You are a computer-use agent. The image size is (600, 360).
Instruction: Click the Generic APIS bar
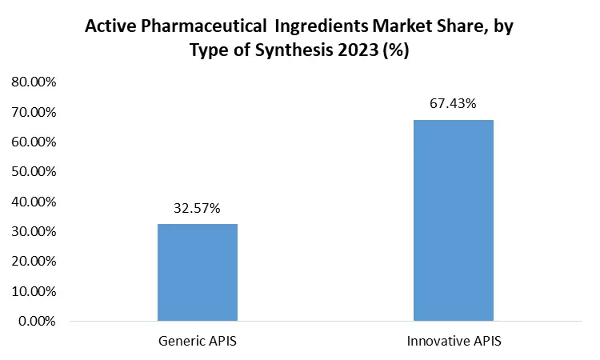tap(198, 272)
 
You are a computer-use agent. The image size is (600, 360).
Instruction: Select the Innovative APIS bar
tap(454, 220)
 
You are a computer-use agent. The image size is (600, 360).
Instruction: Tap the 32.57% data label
tap(198, 209)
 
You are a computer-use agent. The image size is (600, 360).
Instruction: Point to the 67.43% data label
tap(454, 103)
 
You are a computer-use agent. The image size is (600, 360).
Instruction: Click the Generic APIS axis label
tap(198, 342)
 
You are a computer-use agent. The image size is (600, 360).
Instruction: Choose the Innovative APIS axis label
tap(454, 342)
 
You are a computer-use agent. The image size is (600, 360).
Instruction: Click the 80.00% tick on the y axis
tap(34, 82)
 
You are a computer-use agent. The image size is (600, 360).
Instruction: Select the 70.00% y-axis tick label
tap(34, 112)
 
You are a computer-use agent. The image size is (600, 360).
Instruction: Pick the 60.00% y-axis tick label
tap(34, 142)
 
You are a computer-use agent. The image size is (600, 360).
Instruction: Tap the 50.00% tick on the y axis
tap(34, 171)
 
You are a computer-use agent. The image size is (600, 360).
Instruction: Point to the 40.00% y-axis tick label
tap(34, 202)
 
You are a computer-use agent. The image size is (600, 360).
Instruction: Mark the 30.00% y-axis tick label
tap(34, 231)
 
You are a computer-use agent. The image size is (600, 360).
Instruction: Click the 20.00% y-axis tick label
tap(34, 261)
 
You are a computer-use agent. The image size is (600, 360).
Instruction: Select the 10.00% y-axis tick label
tap(34, 291)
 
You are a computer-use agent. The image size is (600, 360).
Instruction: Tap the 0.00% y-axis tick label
tap(37, 321)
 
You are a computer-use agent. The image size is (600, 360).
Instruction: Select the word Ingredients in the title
tap(321, 26)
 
